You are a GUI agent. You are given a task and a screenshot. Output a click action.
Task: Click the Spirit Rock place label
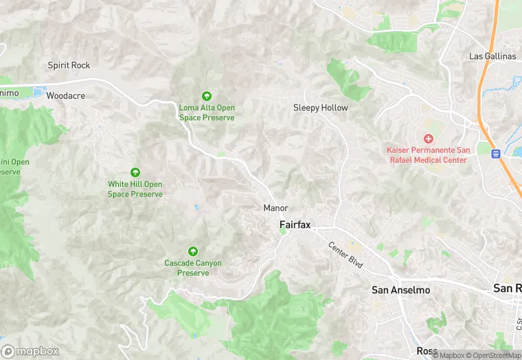pos(69,65)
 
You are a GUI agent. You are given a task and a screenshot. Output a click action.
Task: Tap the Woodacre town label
pos(66,95)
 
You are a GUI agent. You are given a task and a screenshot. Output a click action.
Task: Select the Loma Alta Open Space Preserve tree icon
pos(206,96)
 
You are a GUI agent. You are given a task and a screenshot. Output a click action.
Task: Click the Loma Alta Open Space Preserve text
pos(207,113)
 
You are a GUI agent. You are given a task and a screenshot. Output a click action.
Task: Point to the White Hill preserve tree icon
pos(135,172)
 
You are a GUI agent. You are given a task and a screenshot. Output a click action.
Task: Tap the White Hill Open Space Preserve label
pos(135,189)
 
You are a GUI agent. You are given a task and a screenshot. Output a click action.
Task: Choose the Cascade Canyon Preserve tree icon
pos(192,251)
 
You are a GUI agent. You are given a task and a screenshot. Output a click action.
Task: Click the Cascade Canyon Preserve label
pos(192,268)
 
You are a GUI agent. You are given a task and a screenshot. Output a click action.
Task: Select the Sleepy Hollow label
pos(321,108)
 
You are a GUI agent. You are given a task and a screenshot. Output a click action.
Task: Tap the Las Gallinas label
pos(492,56)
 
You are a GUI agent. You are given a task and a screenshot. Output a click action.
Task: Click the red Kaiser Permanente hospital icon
pos(429,139)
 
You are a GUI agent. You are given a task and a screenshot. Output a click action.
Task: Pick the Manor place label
pos(275,207)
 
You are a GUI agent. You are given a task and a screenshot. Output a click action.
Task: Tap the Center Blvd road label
pos(345,255)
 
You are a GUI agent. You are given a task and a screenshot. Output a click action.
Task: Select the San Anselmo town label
pos(401,290)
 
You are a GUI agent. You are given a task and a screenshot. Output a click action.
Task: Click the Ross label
pos(427,351)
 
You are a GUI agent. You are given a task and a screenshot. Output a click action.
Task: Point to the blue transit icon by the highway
pos(495,154)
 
